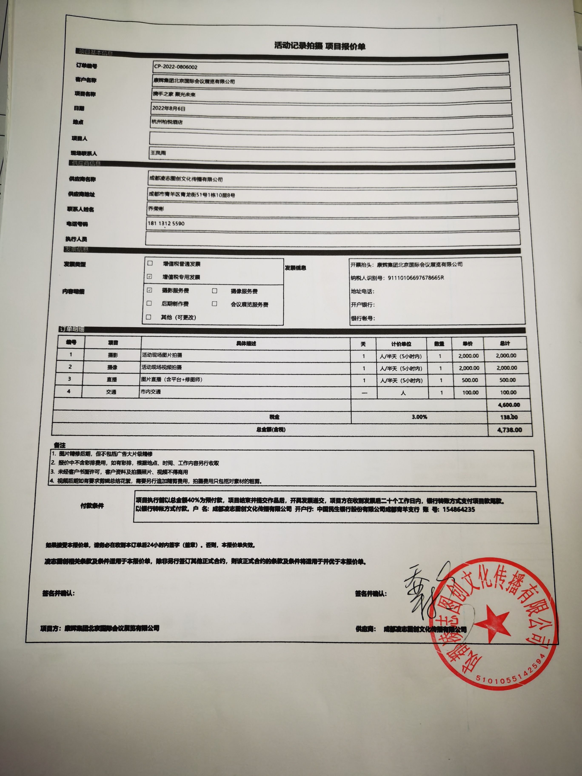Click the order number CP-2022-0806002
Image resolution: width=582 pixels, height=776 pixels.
tap(175, 67)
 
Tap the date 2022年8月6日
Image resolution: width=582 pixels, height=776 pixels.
tap(169, 109)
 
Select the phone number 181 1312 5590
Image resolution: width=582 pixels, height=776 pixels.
tap(166, 224)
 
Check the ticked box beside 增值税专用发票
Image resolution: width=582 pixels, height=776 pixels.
tap(150, 277)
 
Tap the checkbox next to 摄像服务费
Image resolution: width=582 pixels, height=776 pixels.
tap(215, 291)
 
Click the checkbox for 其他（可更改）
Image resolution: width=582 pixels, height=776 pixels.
tap(149, 317)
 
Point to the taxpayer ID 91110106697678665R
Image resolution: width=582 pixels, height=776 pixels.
tap(416, 278)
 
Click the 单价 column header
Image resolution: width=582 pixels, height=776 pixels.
tap(468, 344)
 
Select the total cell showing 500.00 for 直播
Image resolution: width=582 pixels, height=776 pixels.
tap(507, 380)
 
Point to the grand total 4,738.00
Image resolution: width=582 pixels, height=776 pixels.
tap(510, 430)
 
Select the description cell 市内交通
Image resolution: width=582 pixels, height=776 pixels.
tap(151, 392)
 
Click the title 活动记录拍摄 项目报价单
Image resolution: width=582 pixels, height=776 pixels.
tap(320, 46)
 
